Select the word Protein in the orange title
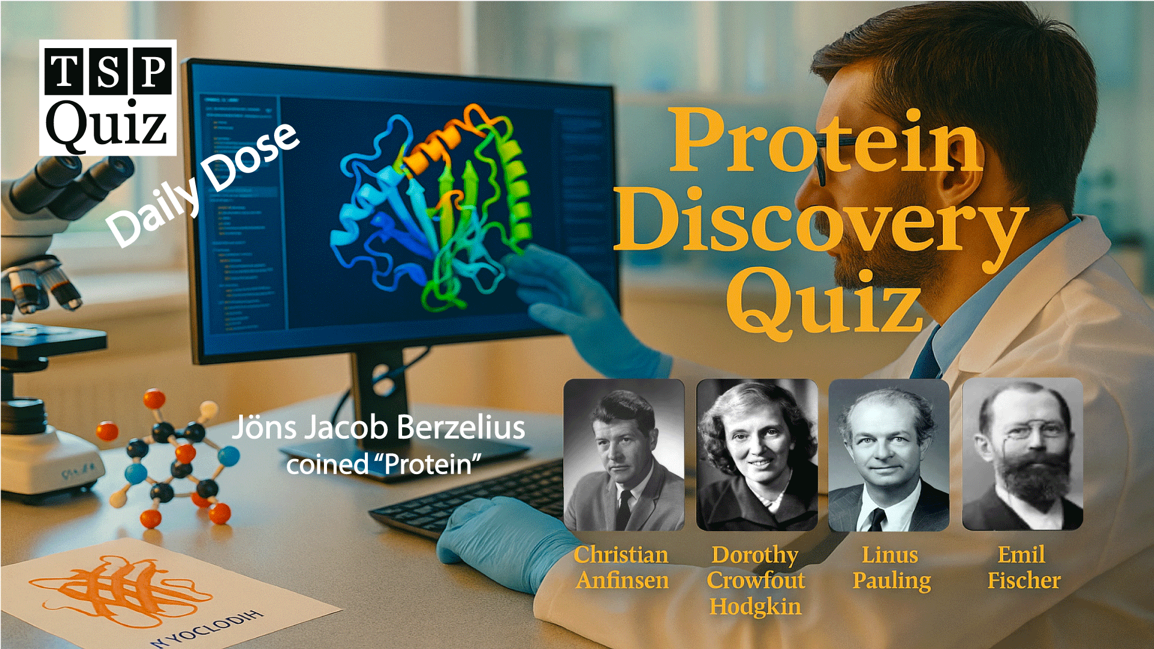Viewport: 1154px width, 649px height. click(826, 141)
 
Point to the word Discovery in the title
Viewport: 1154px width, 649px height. click(820, 222)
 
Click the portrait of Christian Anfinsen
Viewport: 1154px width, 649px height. click(624, 455)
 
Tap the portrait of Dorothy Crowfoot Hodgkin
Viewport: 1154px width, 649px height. click(757, 455)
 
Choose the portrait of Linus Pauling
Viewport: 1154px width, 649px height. click(889, 455)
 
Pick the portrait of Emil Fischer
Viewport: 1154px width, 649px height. click(1022, 455)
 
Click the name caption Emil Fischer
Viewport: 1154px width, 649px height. click(1023, 567)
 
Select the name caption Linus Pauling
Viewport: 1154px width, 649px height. click(891, 567)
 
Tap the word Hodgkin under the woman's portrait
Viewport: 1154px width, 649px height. click(756, 607)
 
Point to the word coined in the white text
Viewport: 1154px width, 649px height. click(327, 465)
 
